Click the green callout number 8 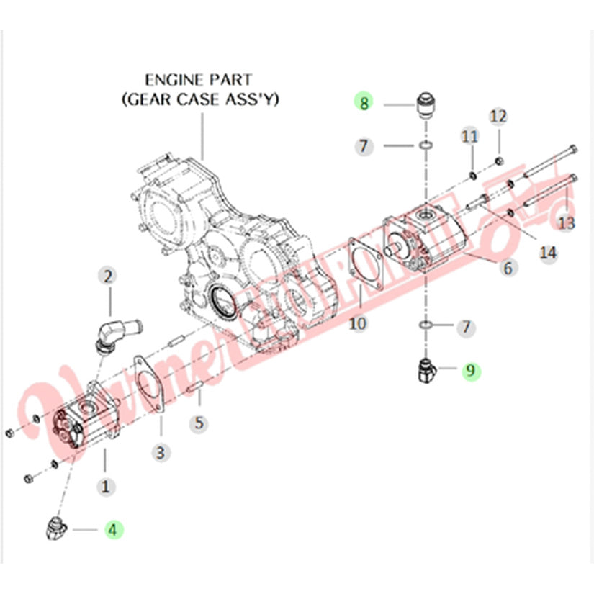pyautogui.click(x=364, y=103)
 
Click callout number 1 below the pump pyautogui.click(x=107, y=487)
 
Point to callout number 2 pyautogui.click(x=109, y=276)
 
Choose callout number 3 pyautogui.click(x=161, y=452)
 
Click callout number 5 pyautogui.click(x=200, y=423)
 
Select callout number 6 pyautogui.click(x=508, y=268)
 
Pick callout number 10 pyautogui.click(x=358, y=324)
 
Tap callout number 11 pyautogui.click(x=469, y=136)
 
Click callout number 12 pyautogui.click(x=498, y=116)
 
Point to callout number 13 pyautogui.click(x=567, y=224)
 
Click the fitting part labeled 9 pyautogui.click(x=426, y=371)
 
